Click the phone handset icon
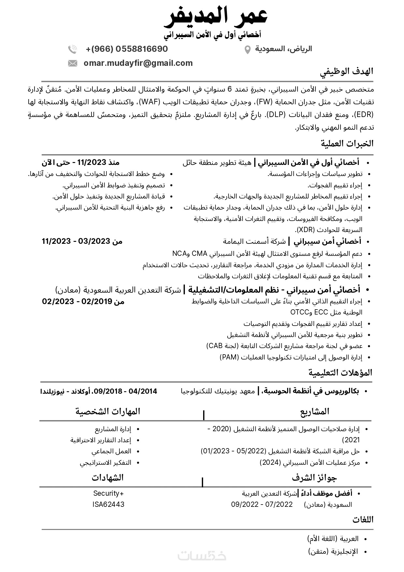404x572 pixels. point(72,49)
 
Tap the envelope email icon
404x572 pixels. point(72,63)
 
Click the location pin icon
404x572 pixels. point(247,50)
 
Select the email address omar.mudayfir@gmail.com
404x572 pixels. point(138,63)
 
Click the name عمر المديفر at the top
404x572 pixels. point(215,16)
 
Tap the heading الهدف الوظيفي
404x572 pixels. point(347,71)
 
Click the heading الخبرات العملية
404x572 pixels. point(347,143)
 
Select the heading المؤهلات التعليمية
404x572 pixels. point(340,373)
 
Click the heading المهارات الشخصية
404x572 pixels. point(108,411)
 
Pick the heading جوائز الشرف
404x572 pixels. point(314,478)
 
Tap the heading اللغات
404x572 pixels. point(363,520)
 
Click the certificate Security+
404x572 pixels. point(108,493)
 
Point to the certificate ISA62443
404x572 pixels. point(108,504)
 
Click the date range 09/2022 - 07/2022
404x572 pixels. point(262,505)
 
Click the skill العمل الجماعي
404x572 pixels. point(111,451)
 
